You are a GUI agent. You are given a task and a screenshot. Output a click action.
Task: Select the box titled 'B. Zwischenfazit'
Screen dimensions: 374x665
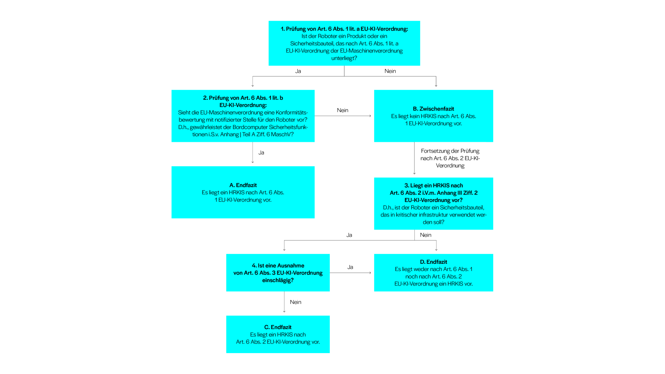coord(433,116)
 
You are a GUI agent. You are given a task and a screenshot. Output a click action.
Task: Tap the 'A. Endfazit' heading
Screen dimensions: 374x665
coord(243,185)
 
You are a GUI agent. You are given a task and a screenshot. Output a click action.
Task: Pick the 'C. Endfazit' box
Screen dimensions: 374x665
coord(278,334)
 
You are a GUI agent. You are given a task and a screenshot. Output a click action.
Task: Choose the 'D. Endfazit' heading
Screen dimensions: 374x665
coord(433,262)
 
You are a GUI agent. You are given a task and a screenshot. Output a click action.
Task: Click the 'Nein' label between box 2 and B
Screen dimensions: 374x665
coord(342,110)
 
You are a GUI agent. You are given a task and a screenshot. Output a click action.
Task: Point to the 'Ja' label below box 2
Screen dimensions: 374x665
coord(261,153)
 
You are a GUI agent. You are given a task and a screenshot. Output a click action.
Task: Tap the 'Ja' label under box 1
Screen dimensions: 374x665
coord(298,71)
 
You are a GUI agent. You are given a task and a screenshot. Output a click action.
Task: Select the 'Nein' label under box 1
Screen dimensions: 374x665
coord(390,71)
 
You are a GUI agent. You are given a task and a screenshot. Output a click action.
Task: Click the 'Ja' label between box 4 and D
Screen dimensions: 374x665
coord(350,267)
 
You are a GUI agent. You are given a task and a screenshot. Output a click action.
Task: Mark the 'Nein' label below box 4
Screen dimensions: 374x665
coord(295,302)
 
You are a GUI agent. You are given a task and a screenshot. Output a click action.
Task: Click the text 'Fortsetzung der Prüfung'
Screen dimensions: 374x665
coord(450,151)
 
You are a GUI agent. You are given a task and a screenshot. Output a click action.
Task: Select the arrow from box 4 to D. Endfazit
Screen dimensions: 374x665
coord(350,273)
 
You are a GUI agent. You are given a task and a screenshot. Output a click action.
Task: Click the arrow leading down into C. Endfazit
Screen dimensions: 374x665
coord(284,303)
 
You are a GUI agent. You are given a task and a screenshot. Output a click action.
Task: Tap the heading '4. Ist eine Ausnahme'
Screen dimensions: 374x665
coord(278,266)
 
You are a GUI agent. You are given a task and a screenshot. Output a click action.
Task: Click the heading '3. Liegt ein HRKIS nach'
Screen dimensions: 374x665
coord(433,186)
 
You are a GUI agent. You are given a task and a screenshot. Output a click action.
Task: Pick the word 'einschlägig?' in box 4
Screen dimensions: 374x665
coord(278,280)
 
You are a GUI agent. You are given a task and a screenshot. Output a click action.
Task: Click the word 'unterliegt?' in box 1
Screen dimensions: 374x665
coord(344,58)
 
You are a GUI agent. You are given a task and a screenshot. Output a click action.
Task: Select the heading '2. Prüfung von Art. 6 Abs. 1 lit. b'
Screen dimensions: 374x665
coord(243,98)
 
